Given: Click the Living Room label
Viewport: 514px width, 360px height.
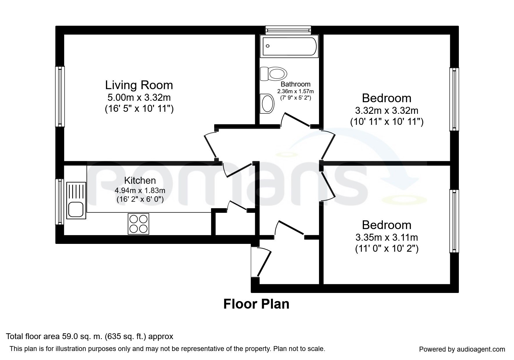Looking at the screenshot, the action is click(x=139, y=85).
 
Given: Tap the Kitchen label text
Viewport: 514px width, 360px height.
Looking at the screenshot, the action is click(x=140, y=180).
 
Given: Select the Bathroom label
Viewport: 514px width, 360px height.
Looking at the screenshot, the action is click(x=295, y=84).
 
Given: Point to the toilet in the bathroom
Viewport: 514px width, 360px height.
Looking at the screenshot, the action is click(x=273, y=73).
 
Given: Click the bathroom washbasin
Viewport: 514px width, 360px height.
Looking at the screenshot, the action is click(x=267, y=104).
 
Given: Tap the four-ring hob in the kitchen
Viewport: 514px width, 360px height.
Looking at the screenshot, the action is click(x=138, y=224).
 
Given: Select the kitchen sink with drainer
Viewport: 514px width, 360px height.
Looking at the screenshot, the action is click(x=76, y=200).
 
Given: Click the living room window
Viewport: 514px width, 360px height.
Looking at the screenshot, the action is click(x=60, y=96).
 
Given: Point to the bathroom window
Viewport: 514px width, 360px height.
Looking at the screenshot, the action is click(x=288, y=30).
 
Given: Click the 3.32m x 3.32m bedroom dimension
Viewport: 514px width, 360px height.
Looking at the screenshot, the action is click(x=387, y=111).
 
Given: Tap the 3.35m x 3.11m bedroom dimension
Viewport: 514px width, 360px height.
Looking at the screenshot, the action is click(x=387, y=237).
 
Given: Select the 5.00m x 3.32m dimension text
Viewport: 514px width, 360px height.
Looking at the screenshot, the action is click(x=139, y=97).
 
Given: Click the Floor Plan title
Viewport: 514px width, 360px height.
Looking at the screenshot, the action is click(x=256, y=304).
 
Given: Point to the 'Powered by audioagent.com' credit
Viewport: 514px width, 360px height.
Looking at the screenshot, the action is click(x=462, y=349).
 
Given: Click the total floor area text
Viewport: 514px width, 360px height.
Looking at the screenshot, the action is click(x=90, y=336).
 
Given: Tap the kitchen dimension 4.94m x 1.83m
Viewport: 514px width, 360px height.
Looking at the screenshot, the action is click(x=140, y=191).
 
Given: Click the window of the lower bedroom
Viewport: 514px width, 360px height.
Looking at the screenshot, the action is click(x=454, y=221).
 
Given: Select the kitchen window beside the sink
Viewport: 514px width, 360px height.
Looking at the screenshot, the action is click(x=60, y=201).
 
